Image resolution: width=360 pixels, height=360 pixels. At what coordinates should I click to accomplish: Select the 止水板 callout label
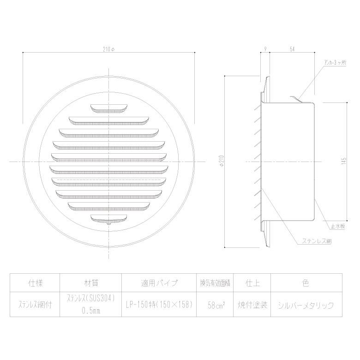[338, 226]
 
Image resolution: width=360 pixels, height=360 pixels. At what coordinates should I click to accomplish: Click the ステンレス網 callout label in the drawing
[317, 241]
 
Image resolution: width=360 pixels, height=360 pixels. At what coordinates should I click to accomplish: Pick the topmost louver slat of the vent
[109, 109]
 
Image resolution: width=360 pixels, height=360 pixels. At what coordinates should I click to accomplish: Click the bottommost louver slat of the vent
[109, 217]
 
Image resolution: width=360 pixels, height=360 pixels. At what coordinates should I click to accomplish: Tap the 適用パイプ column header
[159, 282]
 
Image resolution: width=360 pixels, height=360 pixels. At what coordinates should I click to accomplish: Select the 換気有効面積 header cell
[215, 282]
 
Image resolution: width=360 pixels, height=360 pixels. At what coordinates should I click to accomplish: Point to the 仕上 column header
[252, 282]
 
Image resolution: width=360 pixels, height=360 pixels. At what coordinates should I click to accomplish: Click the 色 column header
[306, 282]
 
